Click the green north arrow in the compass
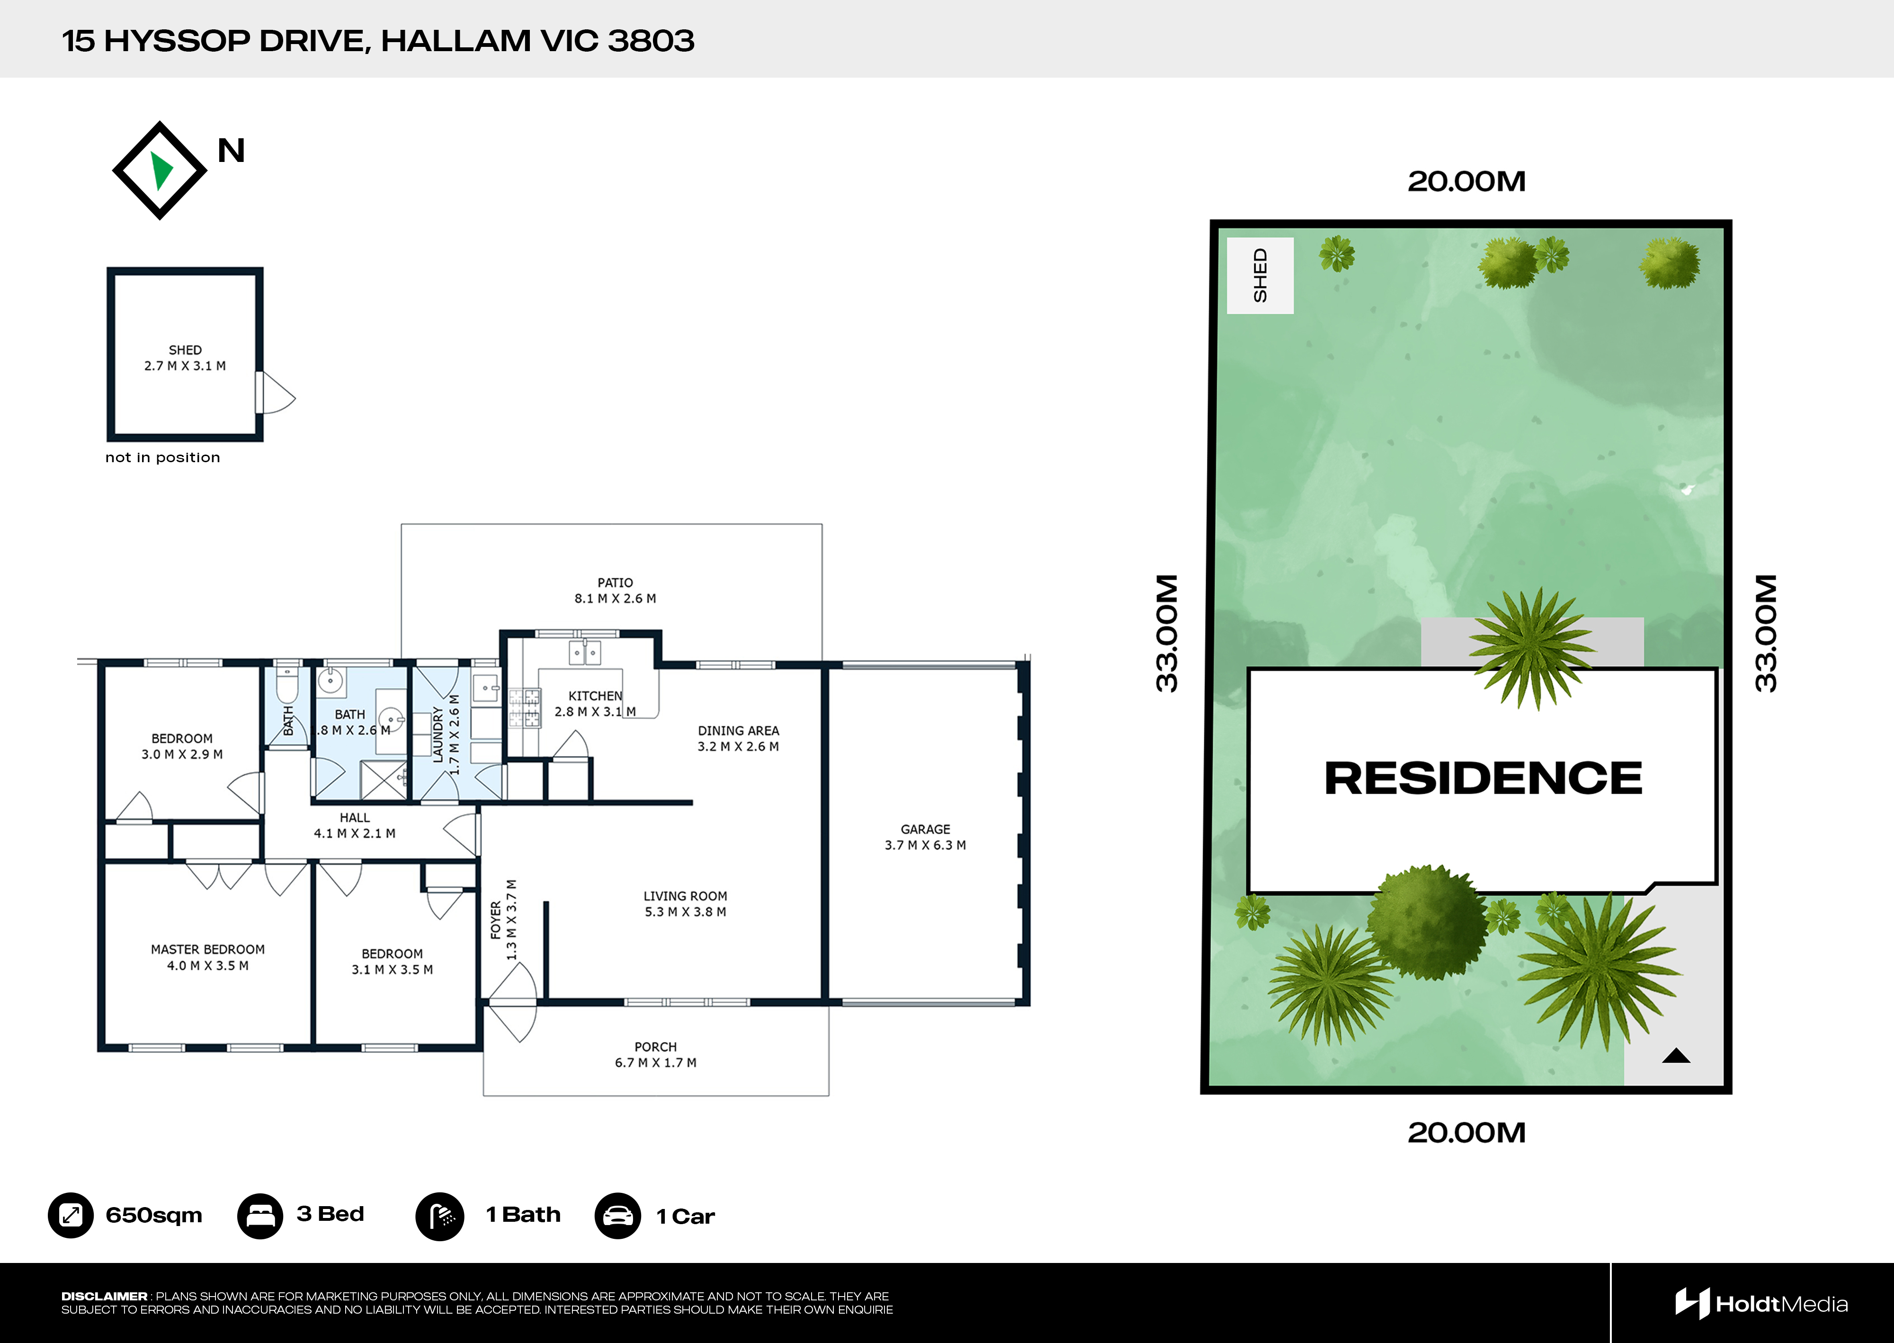click(161, 171)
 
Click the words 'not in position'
click(163, 457)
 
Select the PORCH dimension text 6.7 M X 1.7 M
click(656, 1063)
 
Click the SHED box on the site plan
click(1260, 276)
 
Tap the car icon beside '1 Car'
click(617, 1216)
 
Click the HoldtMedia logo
click(1761, 1304)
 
